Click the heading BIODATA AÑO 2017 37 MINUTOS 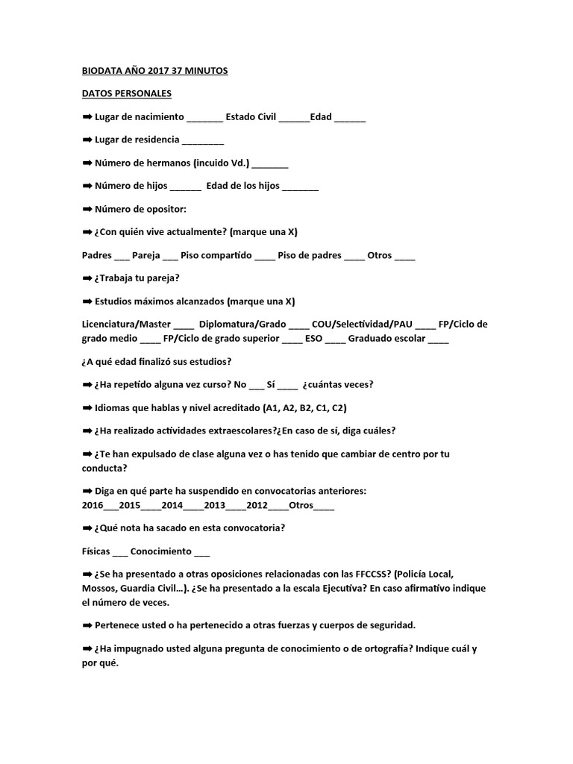pyautogui.click(x=154, y=71)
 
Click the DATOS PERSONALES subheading pyautogui.click(x=126, y=94)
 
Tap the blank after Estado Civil pyautogui.click(x=294, y=118)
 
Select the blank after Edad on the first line pyautogui.click(x=350, y=118)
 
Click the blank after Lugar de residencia pyautogui.click(x=203, y=141)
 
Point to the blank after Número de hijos pyautogui.click(x=186, y=187)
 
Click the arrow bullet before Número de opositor pyautogui.click(x=87, y=209)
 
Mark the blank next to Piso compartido pyautogui.click(x=264, y=256)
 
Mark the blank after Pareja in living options pyautogui.click(x=170, y=256)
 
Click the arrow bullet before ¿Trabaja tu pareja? pyautogui.click(x=87, y=278)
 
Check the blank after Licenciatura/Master pyautogui.click(x=184, y=325)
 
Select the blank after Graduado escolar pyautogui.click(x=439, y=339)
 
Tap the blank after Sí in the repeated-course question pyautogui.click(x=287, y=385)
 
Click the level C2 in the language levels pyautogui.click(x=338, y=408)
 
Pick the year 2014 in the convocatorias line pyautogui.click(x=172, y=505)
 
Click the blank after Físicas pyautogui.click(x=120, y=553)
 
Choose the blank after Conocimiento pyautogui.click(x=201, y=553)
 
